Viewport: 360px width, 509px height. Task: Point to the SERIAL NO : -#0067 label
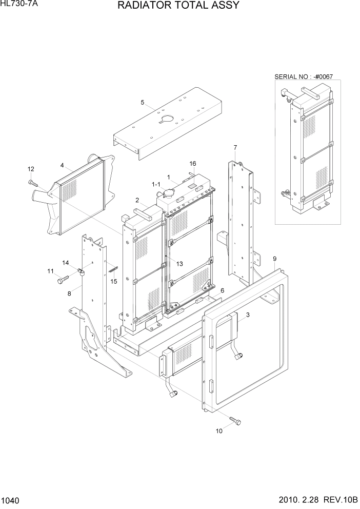click(304, 77)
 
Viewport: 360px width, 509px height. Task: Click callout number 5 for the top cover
click(142, 102)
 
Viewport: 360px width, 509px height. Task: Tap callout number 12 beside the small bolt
click(30, 169)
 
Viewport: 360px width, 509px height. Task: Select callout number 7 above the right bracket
click(235, 148)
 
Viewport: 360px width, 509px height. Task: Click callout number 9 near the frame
click(275, 258)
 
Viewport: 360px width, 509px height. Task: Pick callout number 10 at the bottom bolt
click(219, 431)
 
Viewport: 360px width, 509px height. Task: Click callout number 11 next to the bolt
click(50, 271)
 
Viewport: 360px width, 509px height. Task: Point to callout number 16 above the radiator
click(193, 164)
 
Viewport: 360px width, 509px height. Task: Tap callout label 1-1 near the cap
click(155, 184)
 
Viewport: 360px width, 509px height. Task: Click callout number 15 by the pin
click(114, 281)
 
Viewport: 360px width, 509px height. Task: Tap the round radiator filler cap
click(168, 193)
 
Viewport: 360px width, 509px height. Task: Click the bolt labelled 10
click(235, 420)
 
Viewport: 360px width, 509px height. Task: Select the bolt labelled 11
click(63, 280)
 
